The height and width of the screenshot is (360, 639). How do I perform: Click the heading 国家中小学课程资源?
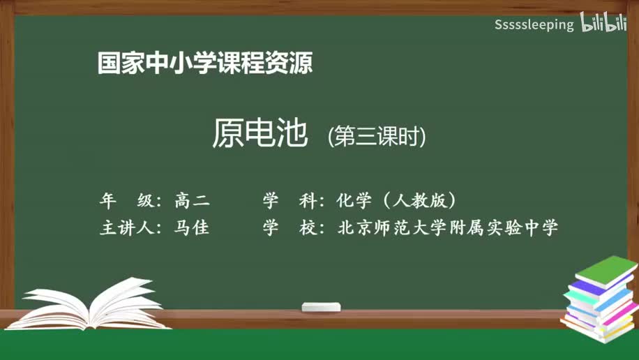[x=204, y=63]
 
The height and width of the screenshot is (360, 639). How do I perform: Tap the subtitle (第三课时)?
[x=376, y=136]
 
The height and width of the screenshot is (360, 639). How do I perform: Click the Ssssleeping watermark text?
[x=534, y=25]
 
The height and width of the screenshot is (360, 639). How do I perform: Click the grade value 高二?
[x=192, y=201]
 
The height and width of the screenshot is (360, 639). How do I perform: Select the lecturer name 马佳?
[x=192, y=227]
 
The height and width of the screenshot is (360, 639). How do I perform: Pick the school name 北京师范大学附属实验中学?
[x=447, y=227]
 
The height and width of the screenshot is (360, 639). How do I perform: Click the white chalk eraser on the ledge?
[x=321, y=307]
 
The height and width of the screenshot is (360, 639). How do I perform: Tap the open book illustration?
[x=91, y=305]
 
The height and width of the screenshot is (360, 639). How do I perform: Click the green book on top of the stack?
[x=606, y=271]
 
